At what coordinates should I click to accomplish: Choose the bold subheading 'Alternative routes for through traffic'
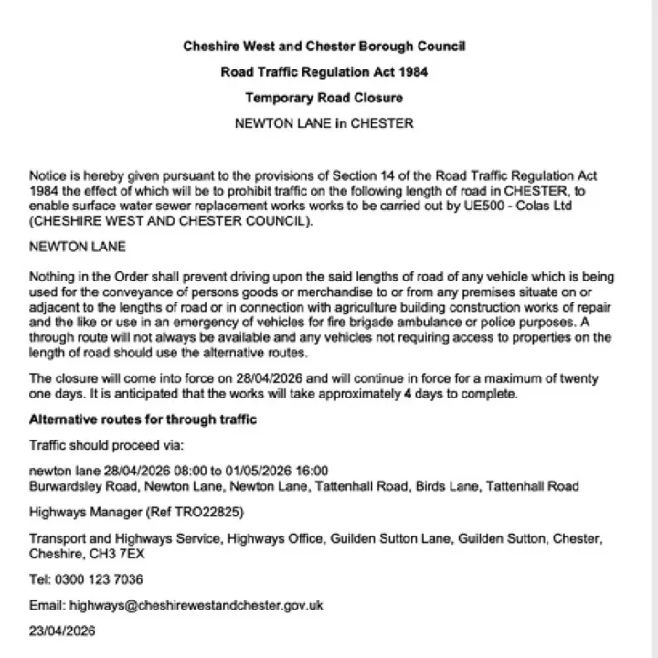click(143, 419)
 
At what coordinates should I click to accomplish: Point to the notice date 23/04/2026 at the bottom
click(62, 631)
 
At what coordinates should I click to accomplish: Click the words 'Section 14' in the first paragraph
click(360, 175)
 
